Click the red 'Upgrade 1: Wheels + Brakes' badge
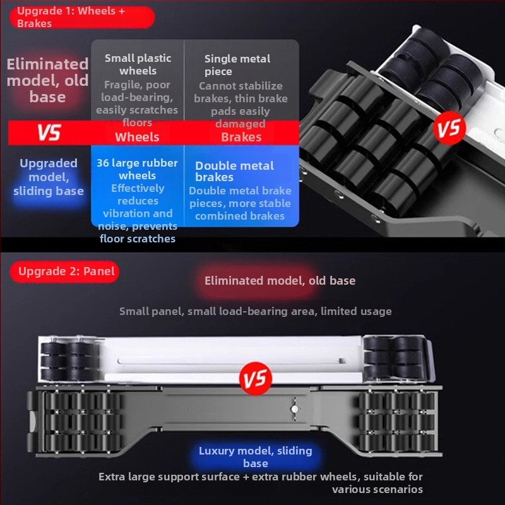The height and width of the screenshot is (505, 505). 82,17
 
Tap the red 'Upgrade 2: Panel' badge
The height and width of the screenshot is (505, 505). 64,271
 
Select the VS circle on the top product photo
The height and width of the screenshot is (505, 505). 449,128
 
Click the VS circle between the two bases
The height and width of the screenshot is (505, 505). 256,378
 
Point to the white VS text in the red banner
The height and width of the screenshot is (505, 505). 49,133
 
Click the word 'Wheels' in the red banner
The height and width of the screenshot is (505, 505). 137,137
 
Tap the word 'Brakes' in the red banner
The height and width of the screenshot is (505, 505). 241,137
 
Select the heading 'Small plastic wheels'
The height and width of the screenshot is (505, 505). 138,64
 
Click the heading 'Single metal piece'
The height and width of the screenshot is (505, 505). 237,65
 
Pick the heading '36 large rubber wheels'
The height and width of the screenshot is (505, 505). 138,169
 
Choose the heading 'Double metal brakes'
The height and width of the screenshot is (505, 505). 234,171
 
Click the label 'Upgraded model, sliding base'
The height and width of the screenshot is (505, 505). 49,177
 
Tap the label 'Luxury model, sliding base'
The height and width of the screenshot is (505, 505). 256,456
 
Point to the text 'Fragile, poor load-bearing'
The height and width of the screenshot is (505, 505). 137,91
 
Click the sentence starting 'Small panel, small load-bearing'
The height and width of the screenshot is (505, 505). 256,311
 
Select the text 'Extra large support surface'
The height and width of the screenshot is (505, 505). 169,477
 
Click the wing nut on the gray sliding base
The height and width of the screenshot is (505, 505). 294,408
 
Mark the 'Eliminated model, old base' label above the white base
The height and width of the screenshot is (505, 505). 280,280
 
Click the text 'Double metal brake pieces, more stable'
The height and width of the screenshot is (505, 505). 240,197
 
